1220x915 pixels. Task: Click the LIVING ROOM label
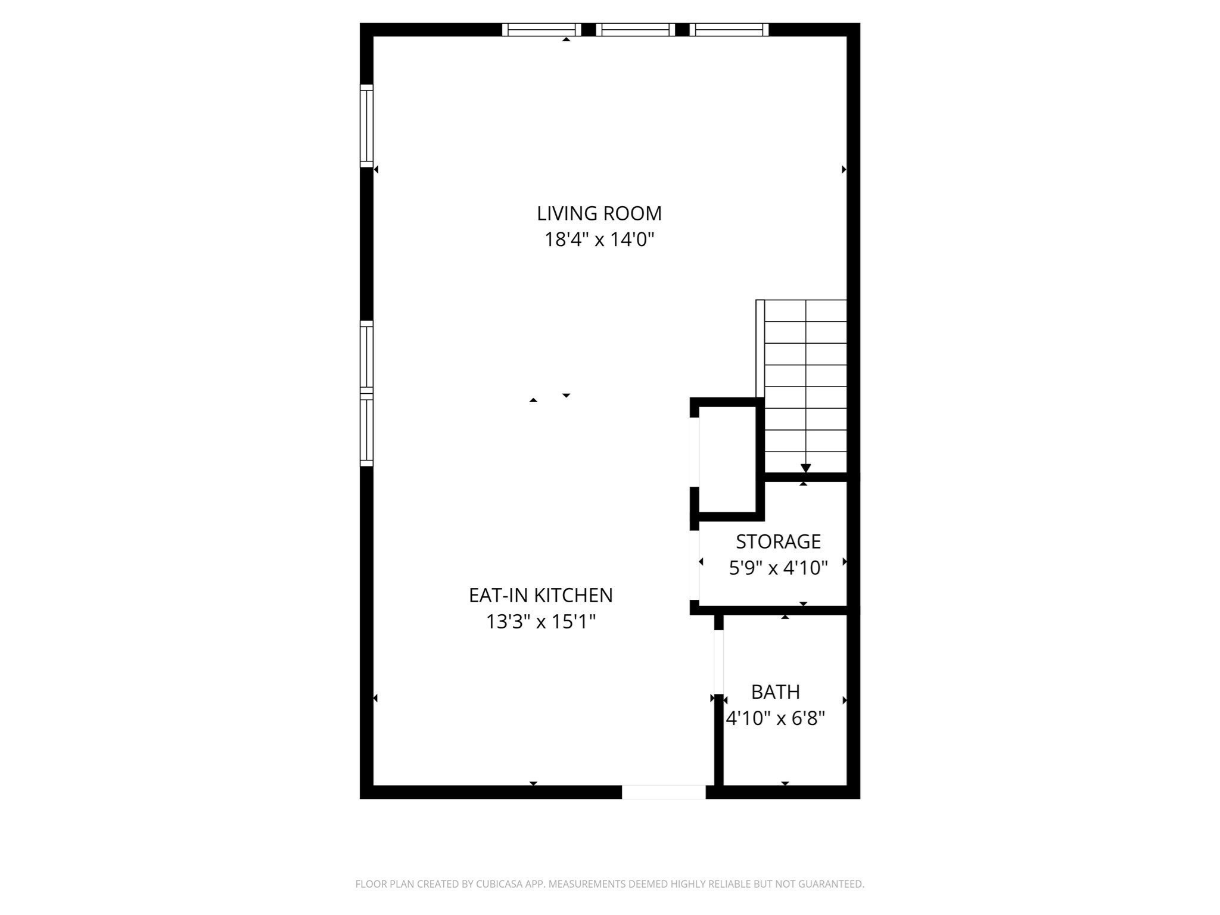coord(599,213)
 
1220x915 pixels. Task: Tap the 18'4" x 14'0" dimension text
coord(599,240)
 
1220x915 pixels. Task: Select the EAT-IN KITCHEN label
coord(540,595)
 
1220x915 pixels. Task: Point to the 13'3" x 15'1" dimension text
coord(541,622)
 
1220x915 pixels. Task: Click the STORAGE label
coord(778,541)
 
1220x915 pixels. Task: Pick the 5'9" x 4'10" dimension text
coord(778,568)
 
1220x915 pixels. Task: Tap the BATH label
coord(775,692)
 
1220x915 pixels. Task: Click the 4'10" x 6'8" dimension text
coord(775,719)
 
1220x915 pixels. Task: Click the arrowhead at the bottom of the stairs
coord(805,468)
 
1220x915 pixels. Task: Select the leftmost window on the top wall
coord(541,30)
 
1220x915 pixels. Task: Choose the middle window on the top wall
coord(636,30)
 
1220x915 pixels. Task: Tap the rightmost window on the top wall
coord(729,30)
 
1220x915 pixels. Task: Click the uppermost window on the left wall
coord(366,125)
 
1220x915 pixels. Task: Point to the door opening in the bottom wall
coord(664,792)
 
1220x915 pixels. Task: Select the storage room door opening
coord(694,564)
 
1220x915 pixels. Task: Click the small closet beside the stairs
coord(727,459)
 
